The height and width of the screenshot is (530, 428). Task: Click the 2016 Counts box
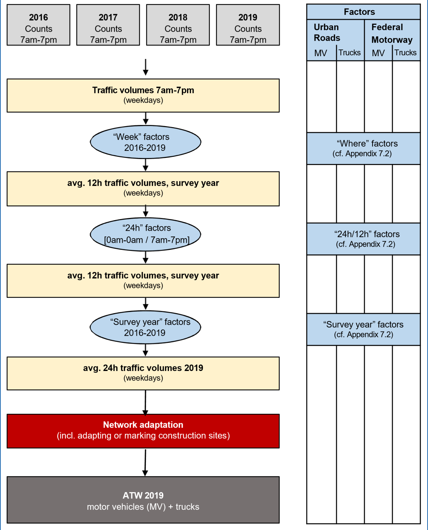38,25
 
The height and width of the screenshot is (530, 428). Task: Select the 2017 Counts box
108,25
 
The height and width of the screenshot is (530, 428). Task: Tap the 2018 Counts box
178,25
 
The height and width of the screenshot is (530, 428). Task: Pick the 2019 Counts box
248,25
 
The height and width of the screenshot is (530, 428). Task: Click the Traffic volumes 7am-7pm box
143,95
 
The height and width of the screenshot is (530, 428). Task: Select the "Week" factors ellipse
145,142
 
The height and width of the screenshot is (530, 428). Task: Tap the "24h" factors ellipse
145,234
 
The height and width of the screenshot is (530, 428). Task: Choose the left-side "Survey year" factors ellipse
145,327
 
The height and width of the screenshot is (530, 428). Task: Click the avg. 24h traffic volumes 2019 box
143,373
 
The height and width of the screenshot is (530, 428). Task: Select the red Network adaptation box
143,431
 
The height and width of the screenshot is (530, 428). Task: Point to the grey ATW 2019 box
143,500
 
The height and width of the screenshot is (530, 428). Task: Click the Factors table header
363,12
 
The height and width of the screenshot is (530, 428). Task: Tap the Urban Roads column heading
327,33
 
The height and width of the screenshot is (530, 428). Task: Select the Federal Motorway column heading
392,33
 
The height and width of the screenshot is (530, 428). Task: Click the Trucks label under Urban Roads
350,53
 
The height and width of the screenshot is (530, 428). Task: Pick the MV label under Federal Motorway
378,53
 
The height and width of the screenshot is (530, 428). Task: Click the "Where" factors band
363,148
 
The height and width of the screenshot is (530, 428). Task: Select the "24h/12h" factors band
363,239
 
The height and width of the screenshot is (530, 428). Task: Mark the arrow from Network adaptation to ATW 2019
145,462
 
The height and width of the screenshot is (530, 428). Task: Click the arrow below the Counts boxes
145,67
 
